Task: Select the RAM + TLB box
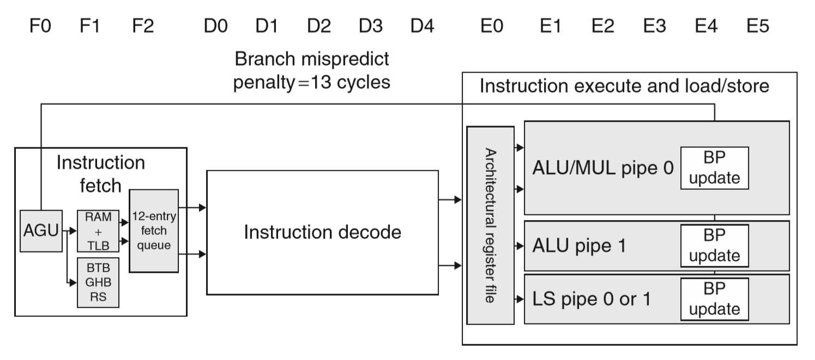tap(98, 231)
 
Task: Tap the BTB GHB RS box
tap(98, 282)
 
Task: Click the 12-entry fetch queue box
tap(154, 231)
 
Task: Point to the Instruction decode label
tap(322, 232)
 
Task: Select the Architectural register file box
tap(491, 225)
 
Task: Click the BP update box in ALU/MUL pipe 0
tap(714, 168)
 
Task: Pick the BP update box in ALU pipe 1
tap(714, 245)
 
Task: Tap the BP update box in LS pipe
tap(714, 299)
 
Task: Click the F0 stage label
tap(40, 26)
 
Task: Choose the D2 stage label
tap(318, 26)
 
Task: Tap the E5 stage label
tap(757, 26)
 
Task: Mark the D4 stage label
tap(422, 26)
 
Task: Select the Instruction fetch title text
tap(101, 174)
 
